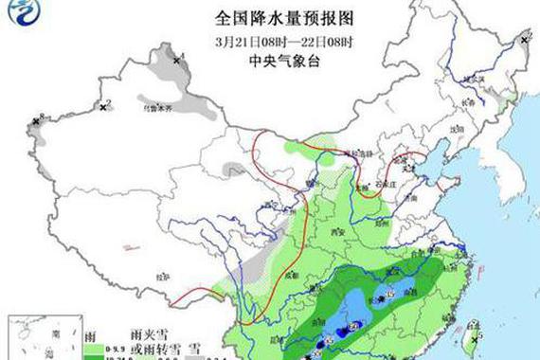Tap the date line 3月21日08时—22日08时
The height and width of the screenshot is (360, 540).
271,42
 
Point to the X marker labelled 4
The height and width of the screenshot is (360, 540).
175,60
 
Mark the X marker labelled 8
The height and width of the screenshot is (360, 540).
36,121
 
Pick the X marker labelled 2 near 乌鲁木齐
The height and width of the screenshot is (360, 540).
102,107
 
